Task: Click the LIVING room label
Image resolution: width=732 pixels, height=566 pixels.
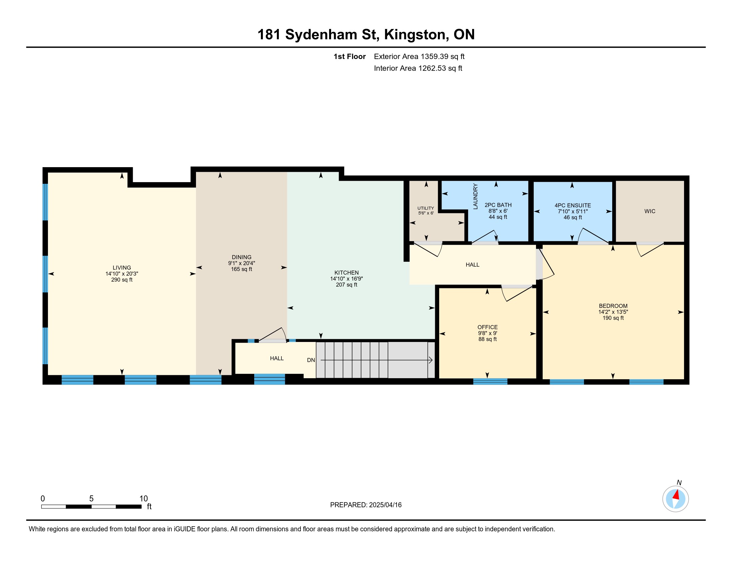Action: (122, 268)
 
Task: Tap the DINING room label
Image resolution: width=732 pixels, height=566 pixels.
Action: (241, 257)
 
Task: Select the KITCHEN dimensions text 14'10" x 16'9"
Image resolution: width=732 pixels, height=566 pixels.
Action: (347, 279)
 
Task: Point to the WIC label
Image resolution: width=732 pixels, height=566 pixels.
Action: (649, 211)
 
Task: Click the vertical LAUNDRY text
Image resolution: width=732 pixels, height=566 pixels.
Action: (475, 196)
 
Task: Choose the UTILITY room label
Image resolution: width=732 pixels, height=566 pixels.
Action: (426, 208)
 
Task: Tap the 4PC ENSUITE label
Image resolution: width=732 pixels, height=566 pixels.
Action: (573, 205)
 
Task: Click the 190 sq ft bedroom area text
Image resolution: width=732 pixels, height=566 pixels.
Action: (613, 318)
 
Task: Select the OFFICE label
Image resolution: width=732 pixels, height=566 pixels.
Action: (487, 327)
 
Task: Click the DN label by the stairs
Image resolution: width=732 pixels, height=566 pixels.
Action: (311, 360)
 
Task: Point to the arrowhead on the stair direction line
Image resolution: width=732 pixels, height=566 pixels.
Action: (431, 361)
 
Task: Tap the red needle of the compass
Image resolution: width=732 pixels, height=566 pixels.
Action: (676, 495)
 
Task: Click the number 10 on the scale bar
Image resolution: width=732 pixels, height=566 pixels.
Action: (143, 499)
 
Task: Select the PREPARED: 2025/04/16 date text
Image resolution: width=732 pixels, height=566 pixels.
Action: (366, 505)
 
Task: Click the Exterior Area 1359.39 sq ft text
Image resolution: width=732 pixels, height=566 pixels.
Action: (419, 56)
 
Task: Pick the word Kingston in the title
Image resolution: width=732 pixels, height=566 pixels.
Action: (415, 35)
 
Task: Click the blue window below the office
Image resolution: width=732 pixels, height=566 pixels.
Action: (490, 381)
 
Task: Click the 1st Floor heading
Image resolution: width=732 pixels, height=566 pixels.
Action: (350, 56)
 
